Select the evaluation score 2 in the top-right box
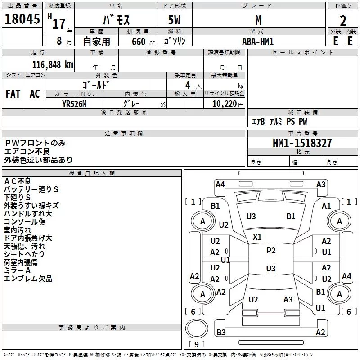click(x=343, y=21)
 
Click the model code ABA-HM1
click(x=258, y=41)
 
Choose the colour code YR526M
click(x=75, y=103)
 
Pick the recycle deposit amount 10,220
click(x=224, y=103)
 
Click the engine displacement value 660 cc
click(x=138, y=41)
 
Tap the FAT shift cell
click(x=13, y=94)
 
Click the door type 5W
click(x=175, y=21)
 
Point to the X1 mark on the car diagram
click(x=257, y=237)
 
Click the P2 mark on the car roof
click(x=271, y=251)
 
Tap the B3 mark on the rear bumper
click(x=221, y=333)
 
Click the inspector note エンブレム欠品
click(x=28, y=279)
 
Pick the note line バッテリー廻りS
click(x=31, y=189)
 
